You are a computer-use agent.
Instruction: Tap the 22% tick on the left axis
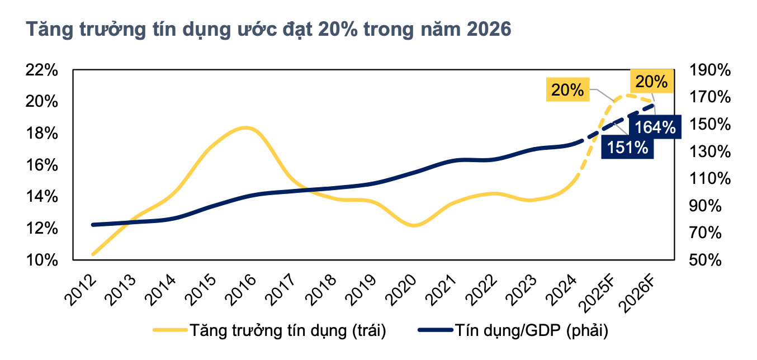(x=42, y=70)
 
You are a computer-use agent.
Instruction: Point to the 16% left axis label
(x=42, y=165)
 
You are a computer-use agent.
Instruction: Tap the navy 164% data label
(x=655, y=127)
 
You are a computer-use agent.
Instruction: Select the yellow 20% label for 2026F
(x=651, y=82)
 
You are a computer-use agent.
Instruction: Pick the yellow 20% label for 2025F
(x=567, y=89)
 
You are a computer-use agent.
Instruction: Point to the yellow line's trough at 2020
(x=414, y=226)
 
